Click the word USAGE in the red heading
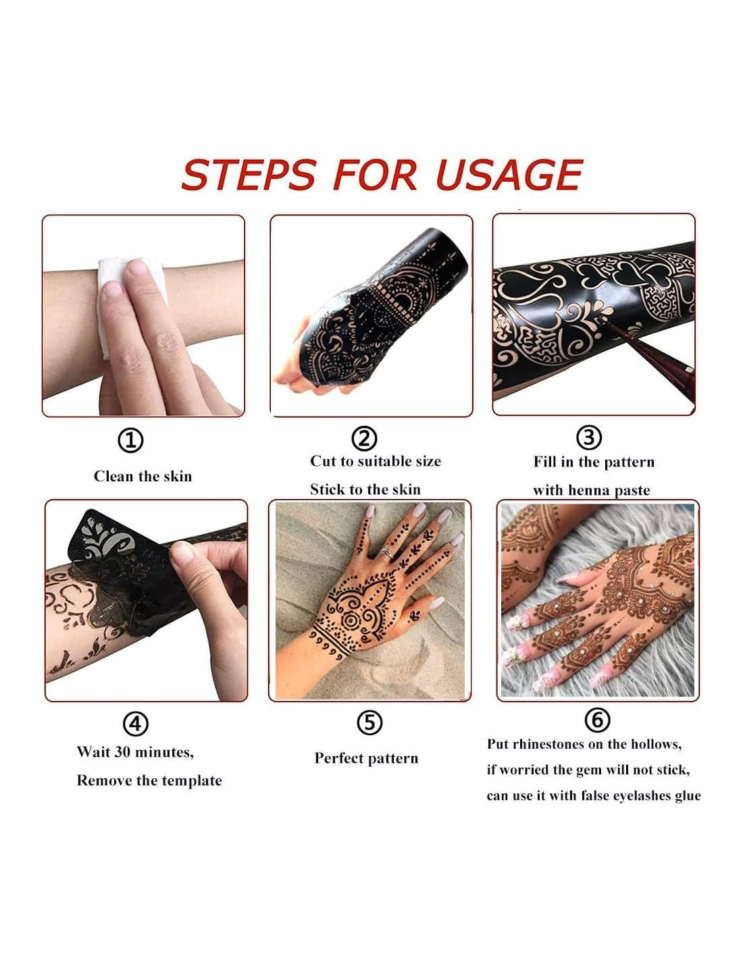click(x=509, y=175)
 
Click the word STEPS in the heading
click(x=249, y=175)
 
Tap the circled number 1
click(x=130, y=440)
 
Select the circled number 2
click(x=364, y=438)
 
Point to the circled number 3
click(x=589, y=437)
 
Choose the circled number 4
click(x=135, y=723)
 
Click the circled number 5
click(x=369, y=722)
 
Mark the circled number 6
click(x=598, y=720)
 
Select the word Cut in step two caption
click(x=322, y=461)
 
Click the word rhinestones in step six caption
click(x=548, y=744)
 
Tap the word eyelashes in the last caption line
click(x=632, y=796)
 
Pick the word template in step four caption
click(x=193, y=780)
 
